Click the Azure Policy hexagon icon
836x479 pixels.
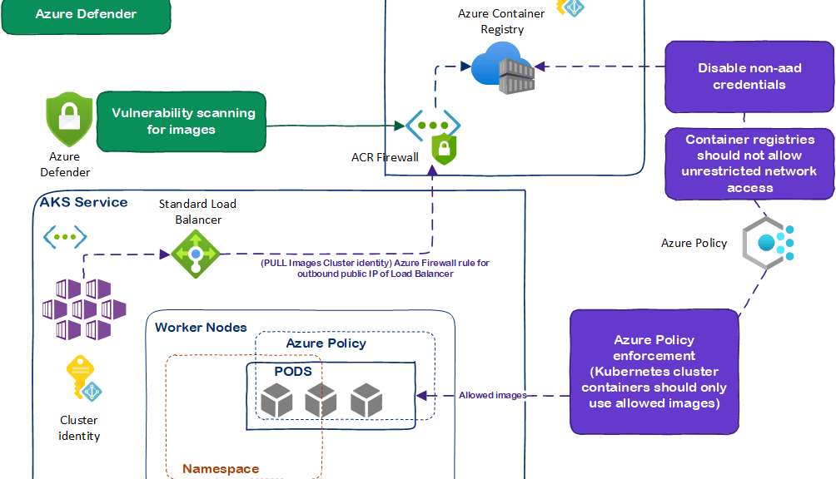point(768,242)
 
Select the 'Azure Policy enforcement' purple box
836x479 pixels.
point(654,372)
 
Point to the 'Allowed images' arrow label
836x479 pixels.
point(493,395)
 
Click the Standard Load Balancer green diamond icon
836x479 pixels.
point(195,253)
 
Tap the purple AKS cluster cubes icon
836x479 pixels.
point(84,309)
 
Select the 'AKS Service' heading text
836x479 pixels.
point(84,202)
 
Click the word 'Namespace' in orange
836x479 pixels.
point(221,469)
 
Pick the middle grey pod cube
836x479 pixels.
point(321,402)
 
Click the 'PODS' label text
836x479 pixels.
point(293,371)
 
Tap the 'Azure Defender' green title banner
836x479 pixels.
point(86,14)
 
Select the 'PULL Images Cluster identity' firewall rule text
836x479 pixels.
point(375,268)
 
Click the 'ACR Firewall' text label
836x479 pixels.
point(385,157)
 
